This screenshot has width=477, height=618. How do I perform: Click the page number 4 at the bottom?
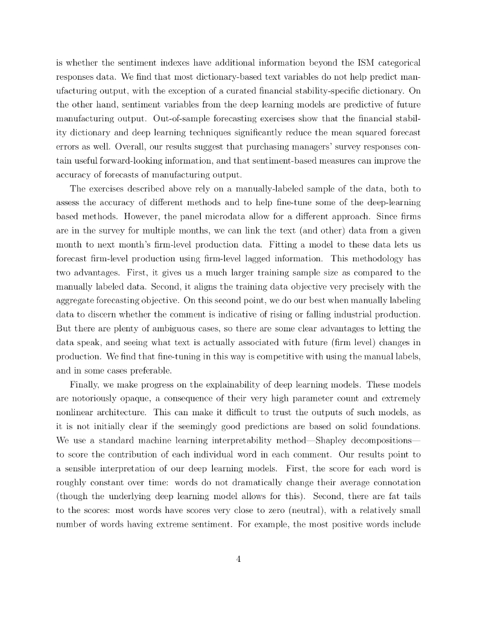[239, 558]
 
